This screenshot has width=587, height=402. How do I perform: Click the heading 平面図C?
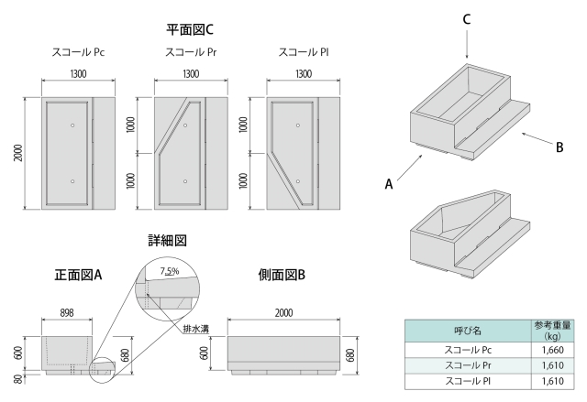pyautogui.click(x=191, y=30)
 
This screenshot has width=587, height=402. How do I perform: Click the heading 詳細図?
pyautogui.click(x=167, y=241)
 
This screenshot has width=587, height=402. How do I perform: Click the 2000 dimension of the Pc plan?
pyautogui.click(x=18, y=154)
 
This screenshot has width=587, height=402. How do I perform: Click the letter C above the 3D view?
pyautogui.click(x=467, y=18)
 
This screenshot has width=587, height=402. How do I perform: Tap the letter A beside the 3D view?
pyautogui.click(x=389, y=184)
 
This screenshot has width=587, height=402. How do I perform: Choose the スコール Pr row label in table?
pyautogui.click(x=468, y=364)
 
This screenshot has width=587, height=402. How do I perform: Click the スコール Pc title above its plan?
pyautogui.click(x=79, y=52)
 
